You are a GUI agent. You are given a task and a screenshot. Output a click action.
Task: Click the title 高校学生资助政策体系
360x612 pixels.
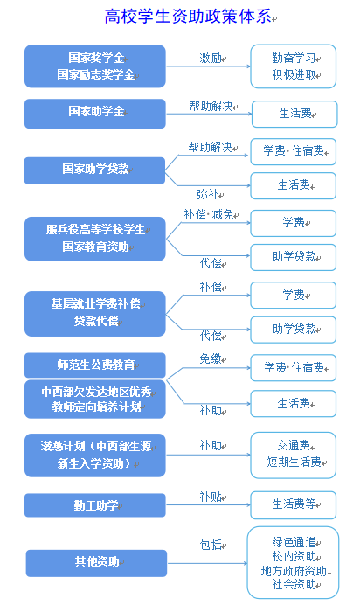point(188,17)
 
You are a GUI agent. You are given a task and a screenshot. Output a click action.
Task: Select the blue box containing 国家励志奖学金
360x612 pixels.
point(95,66)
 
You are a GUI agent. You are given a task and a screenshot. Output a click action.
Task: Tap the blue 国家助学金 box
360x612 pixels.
point(95,113)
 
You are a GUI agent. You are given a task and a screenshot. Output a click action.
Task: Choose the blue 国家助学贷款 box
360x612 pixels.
point(94,170)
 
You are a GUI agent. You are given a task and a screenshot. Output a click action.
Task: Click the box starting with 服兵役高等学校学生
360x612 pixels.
point(95,239)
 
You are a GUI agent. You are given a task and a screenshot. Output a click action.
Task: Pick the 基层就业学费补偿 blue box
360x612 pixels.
point(95,313)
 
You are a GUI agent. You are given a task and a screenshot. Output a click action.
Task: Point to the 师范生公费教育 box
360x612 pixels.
point(95,365)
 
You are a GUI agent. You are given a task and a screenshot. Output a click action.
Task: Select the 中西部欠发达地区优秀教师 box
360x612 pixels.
point(95,400)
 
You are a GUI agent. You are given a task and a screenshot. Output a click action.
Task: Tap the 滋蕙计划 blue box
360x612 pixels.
point(95,456)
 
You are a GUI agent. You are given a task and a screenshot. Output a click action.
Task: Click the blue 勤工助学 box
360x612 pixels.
point(95,505)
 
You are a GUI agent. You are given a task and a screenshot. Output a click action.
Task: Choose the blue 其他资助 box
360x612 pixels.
point(96,563)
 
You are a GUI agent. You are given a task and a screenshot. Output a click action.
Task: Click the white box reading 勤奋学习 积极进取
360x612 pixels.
point(294,66)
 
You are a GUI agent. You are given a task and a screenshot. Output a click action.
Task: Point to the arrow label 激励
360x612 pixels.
point(211,59)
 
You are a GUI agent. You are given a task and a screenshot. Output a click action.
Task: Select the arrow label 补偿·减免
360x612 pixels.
point(209,214)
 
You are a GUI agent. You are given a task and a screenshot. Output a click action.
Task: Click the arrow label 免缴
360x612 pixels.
point(211,358)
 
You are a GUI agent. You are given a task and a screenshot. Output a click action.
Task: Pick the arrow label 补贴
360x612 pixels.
point(211,497)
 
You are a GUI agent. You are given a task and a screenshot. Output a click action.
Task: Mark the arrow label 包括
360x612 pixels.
point(211,545)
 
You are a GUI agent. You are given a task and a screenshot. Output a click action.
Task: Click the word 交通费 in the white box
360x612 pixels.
point(294,445)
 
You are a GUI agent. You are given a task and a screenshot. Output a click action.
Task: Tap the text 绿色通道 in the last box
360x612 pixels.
point(294,542)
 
